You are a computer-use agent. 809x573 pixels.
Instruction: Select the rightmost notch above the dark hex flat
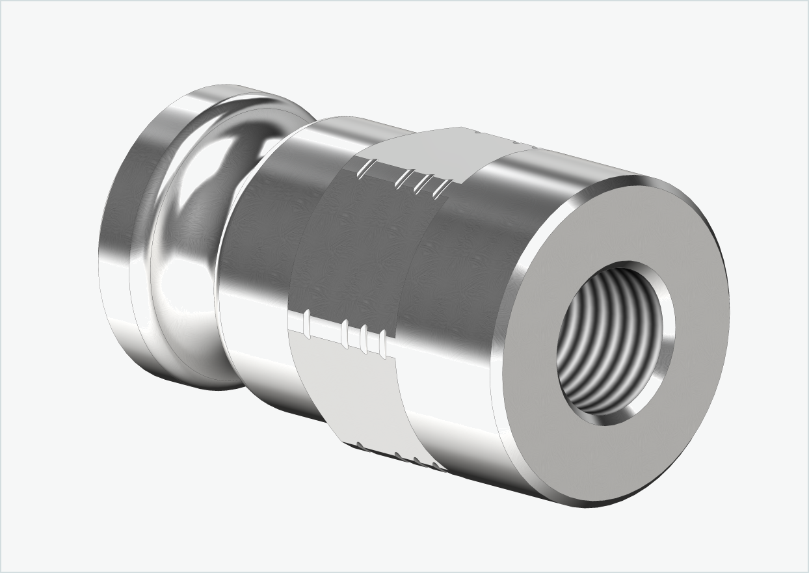click(442, 187)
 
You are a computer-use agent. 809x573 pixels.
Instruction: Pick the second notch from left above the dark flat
click(406, 178)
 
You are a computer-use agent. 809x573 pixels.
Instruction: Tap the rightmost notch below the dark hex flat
click(383, 343)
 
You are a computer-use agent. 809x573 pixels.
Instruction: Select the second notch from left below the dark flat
click(345, 332)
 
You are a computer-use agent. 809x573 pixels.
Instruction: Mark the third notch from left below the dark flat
click(364, 338)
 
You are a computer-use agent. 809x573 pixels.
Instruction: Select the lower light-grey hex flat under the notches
click(351, 390)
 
